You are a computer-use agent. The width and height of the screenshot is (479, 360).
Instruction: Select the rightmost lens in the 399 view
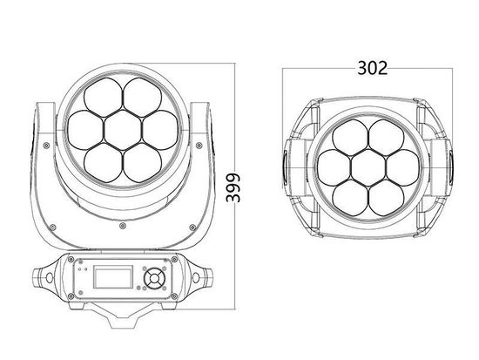pyautogui.click(x=157, y=126)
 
